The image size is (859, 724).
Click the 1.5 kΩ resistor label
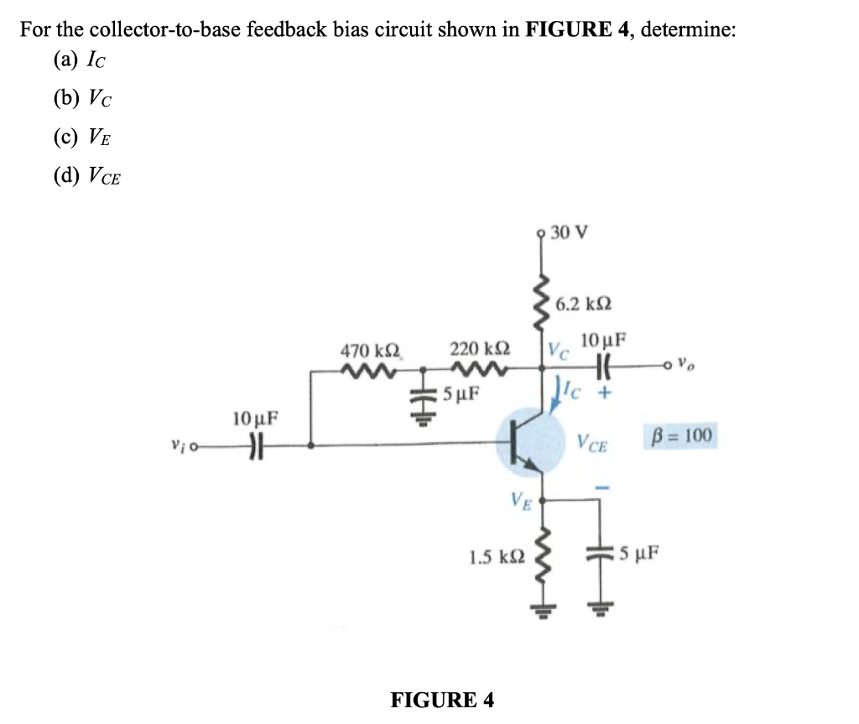(x=498, y=555)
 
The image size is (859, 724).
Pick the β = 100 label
(x=681, y=435)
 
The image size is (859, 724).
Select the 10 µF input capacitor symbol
(x=248, y=445)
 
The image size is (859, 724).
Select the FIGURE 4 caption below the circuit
(x=443, y=699)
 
